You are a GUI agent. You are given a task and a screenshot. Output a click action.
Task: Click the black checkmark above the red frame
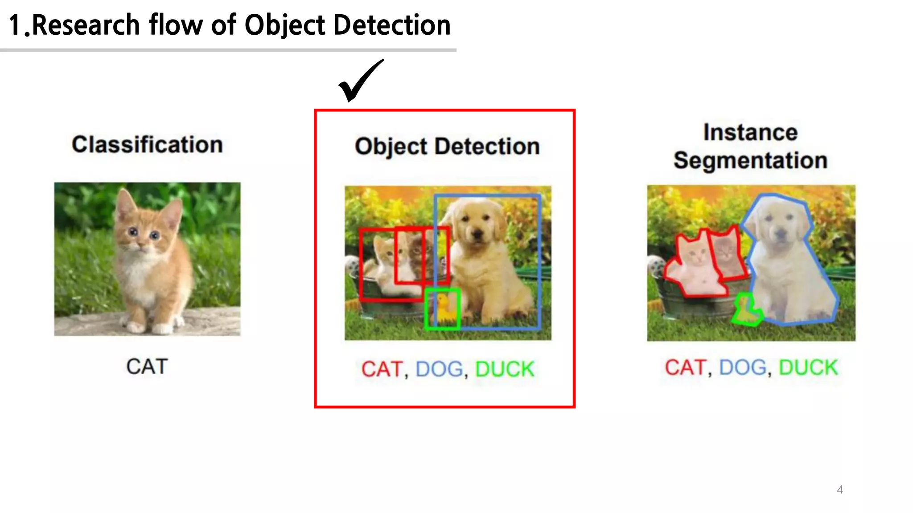[359, 81]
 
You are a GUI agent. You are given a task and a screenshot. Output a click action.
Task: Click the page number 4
[840, 489]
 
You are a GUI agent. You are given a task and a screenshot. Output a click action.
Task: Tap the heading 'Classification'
[147, 145]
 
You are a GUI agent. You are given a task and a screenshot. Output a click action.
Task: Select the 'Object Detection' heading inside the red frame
[447, 147]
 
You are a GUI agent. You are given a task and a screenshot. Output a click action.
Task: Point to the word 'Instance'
[750, 132]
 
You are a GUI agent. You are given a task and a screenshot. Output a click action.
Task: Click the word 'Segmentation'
[750, 160]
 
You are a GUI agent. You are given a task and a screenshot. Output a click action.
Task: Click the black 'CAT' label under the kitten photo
[147, 366]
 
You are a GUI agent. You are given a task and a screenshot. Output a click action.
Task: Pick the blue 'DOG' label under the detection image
[439, 369]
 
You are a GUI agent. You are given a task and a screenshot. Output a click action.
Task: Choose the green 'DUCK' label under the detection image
[505, 369]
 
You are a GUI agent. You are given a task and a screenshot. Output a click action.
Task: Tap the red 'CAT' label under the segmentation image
[685, 368]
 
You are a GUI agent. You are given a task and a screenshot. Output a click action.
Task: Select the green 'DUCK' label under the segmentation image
[808, 368]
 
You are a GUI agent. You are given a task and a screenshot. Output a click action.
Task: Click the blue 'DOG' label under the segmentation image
[743, 368]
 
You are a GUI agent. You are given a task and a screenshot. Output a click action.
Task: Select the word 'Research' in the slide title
[86, 25]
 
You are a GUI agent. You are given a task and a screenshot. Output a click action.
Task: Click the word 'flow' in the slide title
[176, 25]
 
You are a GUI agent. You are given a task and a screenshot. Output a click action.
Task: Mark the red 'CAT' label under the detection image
[382, 369]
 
